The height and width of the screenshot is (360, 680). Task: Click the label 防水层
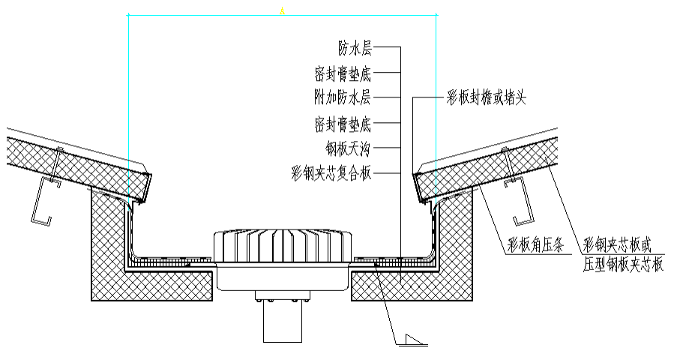pos(355,49)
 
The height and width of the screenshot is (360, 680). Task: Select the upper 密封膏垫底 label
pos(343,73)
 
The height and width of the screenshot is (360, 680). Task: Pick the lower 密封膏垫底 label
pos(343,121)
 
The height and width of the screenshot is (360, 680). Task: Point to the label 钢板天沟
pos(349,145)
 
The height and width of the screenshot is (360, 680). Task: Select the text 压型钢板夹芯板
pos(622,263)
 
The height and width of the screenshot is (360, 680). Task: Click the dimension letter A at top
pos(282,10)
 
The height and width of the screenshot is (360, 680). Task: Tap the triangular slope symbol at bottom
pos(412,340)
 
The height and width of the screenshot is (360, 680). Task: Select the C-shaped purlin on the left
pos(41,199)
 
